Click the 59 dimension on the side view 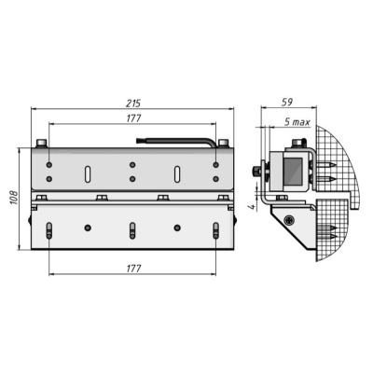pyautogui.click(x=288, y=104)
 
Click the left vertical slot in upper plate pyautogui.click(x=87, y=173)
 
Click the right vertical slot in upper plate pyautogui.click(x=176, y=173)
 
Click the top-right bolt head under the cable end pyautogui.click(x=223, y=143)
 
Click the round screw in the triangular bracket pyautogui.click(x=292, y=220)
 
